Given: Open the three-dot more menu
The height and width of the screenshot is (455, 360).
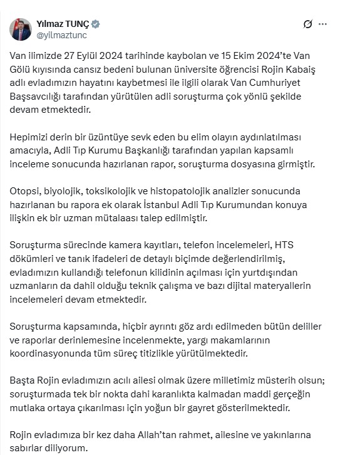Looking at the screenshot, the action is click(x=322, y=24).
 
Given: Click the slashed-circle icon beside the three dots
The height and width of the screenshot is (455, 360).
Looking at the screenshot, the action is click(x=307, y=24).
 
